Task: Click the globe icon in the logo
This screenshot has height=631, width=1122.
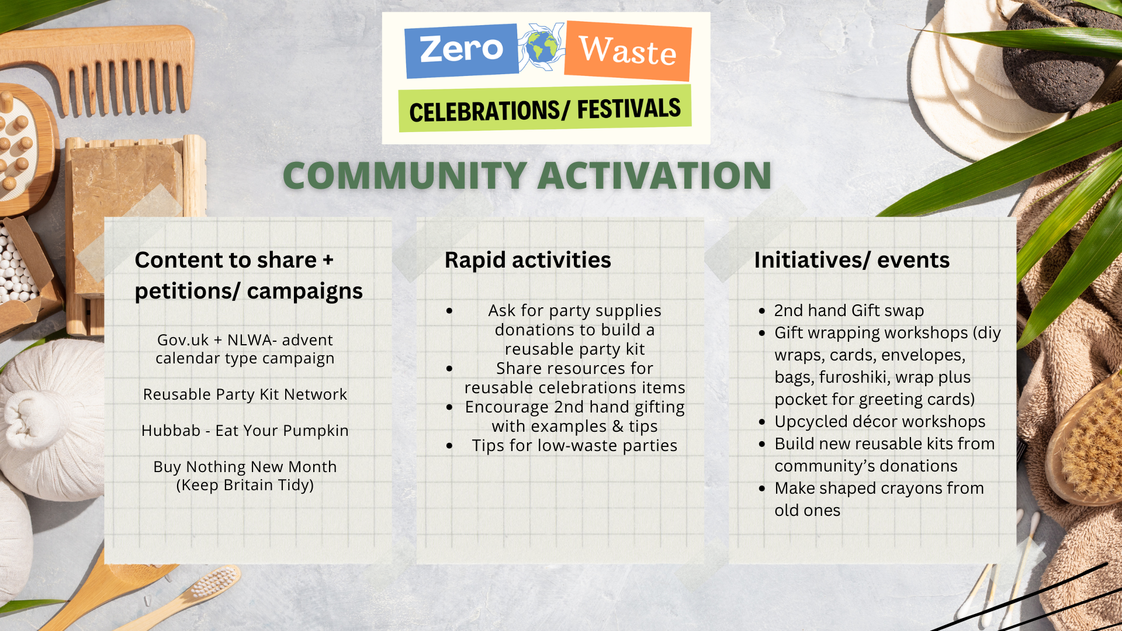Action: [x=542, y=47]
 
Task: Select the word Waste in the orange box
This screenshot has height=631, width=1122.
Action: [x=628, y=50]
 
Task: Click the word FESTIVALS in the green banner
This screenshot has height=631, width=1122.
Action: [x=629, y=109]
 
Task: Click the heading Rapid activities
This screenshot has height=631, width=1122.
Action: [x=528, y=260]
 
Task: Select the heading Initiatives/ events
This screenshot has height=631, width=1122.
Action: [x=851, y=260]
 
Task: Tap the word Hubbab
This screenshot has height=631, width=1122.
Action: [x=171, y=431]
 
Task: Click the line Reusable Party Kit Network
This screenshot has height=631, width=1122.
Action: [x=245, y=394]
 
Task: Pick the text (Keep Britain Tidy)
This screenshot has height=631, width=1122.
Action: [x=245, y=485]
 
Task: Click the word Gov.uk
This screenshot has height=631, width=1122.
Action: [x=183, y=340]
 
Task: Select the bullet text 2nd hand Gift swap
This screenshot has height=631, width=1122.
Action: [x=849, y=310]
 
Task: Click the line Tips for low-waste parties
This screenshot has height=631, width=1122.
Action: [x=574, y=446]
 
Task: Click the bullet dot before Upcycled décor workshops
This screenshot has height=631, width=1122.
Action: [x=762, y=422]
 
